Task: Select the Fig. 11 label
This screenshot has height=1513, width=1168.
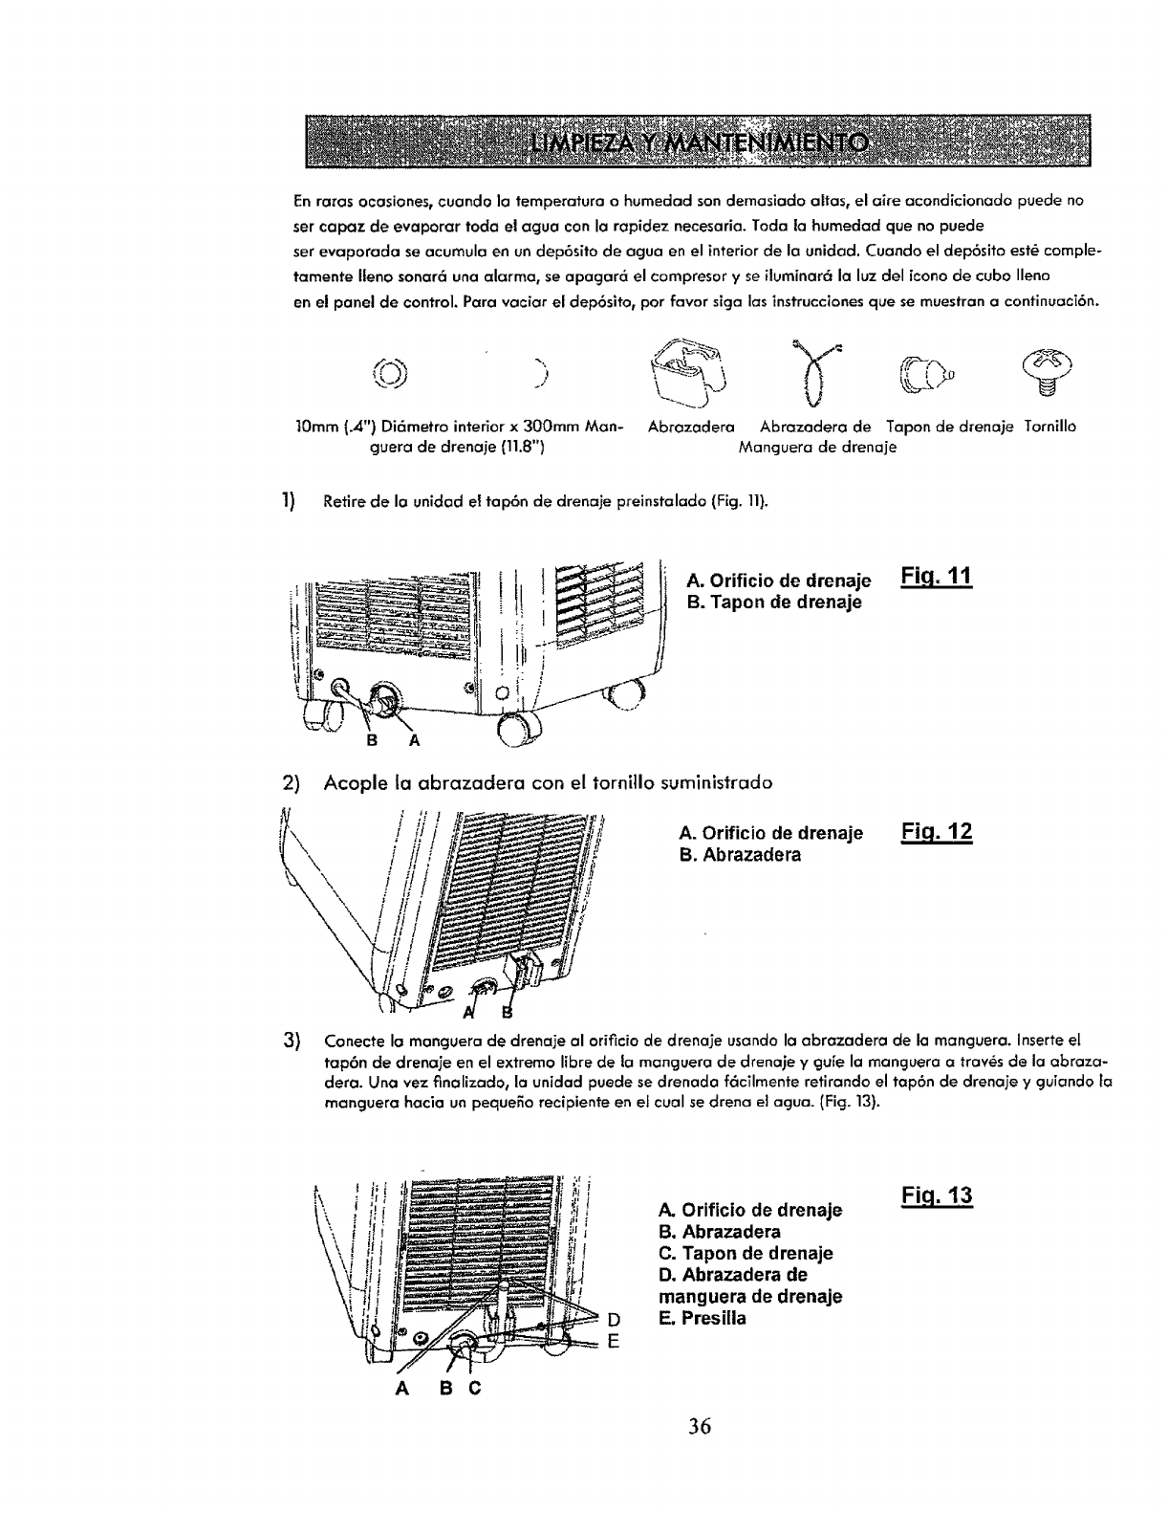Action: tap(936, 577)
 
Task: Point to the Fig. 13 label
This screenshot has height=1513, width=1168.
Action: tap(937, 1195)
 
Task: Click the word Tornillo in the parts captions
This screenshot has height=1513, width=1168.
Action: tap(1049, 427)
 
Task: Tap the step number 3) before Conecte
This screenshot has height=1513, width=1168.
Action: tap(292, 1041)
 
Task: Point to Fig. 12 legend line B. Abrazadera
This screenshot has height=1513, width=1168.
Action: tap(739, 854)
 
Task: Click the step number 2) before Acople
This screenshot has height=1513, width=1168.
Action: tap(292, 782)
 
